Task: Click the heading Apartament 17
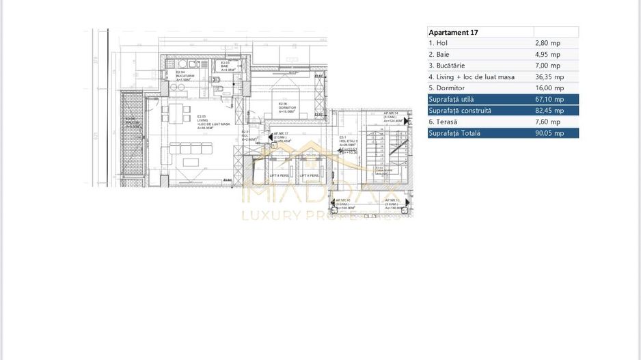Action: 452,32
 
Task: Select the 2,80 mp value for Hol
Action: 548,43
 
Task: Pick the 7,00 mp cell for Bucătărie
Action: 548,66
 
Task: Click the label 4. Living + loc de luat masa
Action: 472,77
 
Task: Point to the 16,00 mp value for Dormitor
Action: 549,88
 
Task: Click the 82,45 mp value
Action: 549,111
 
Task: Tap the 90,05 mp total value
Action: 549,133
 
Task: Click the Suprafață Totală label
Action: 454,133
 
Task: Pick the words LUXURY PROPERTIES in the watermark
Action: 320,216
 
